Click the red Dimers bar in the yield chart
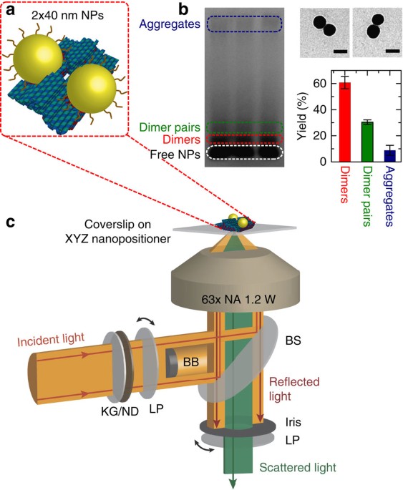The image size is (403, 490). click(345, 122)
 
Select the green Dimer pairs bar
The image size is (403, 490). click(368, 142)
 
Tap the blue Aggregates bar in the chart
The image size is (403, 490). click(390, 156)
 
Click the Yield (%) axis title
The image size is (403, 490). click(303, 116)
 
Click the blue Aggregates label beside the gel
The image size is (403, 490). click(170, 24)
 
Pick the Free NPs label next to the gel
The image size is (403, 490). click(175, 155)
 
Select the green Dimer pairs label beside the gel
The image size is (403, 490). click(170, 127)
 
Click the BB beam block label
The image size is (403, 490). click(191, 362)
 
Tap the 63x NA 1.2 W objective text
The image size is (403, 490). click(238, 300)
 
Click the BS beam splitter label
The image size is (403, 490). click(293, 340)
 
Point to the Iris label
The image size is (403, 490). click(293, 422)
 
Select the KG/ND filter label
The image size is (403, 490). click(120, 411)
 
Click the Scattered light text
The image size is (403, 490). click(298, 468)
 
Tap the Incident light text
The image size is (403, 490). click(51, 339)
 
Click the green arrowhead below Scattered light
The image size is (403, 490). click(233, 484)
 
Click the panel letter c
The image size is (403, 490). click(11, 222)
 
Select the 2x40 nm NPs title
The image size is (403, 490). click(67, 15)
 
